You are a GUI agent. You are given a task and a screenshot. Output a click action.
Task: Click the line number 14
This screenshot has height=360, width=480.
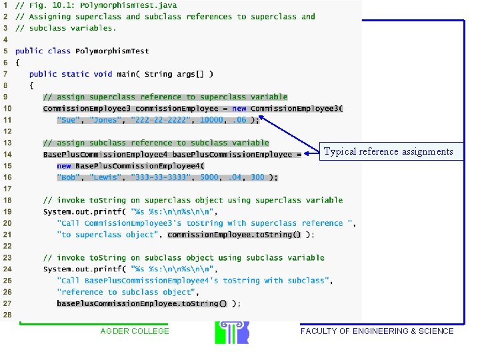7,154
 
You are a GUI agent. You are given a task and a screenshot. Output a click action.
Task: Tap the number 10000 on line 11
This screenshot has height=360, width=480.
211,120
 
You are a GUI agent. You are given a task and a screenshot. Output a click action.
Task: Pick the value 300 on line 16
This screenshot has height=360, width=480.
257,177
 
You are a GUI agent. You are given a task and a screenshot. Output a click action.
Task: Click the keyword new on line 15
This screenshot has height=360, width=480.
64,166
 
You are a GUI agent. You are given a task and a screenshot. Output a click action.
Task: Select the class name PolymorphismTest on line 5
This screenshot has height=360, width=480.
112,51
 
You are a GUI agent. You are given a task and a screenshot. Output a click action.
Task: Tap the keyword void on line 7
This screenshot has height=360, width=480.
103,74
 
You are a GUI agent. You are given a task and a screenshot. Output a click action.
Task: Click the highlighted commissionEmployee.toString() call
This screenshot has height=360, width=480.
234,235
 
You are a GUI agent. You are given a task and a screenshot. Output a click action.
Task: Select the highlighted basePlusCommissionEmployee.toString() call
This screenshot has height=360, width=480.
142,304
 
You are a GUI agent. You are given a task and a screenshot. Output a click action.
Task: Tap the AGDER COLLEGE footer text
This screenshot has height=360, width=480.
135,331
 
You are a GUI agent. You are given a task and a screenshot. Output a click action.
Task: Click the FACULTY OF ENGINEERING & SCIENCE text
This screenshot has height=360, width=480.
377,331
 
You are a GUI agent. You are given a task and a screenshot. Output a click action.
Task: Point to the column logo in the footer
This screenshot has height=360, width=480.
232,333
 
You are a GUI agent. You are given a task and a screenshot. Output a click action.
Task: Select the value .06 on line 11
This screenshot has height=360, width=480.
239,120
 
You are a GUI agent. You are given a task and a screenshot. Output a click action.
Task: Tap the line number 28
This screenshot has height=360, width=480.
7,315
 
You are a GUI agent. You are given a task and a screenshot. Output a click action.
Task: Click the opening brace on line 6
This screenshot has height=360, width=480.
17,63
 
